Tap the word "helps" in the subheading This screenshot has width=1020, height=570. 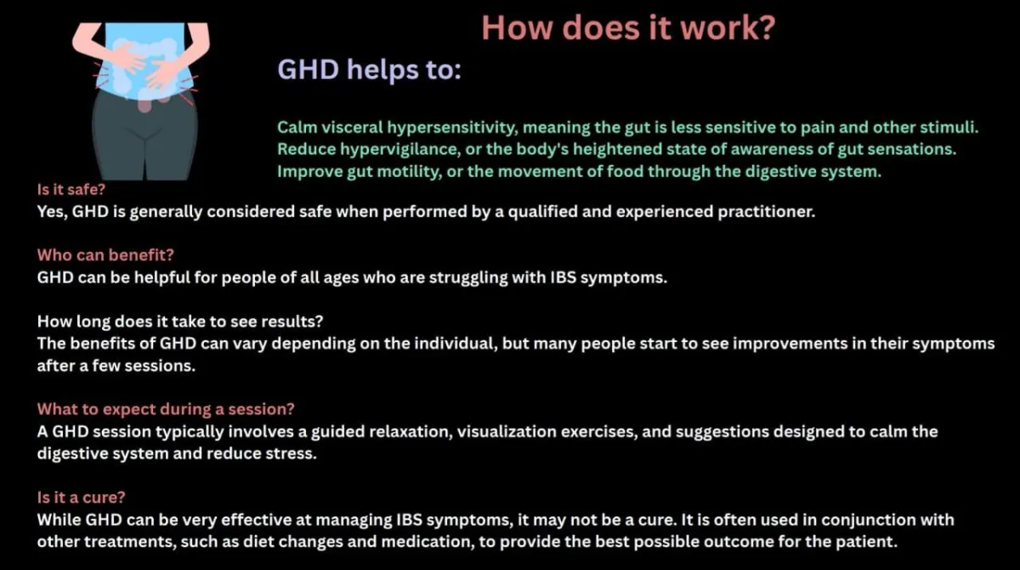[382, 70]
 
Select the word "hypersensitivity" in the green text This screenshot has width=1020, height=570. [452, 128]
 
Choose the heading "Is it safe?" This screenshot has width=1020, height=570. [71, 190]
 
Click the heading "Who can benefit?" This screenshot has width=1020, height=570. [105, 255]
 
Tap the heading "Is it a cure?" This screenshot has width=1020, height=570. [81, 497]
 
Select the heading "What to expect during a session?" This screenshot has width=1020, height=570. [166, 409]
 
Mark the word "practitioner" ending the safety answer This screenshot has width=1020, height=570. [766, 212]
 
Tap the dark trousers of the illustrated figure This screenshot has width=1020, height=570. [144, 137]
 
